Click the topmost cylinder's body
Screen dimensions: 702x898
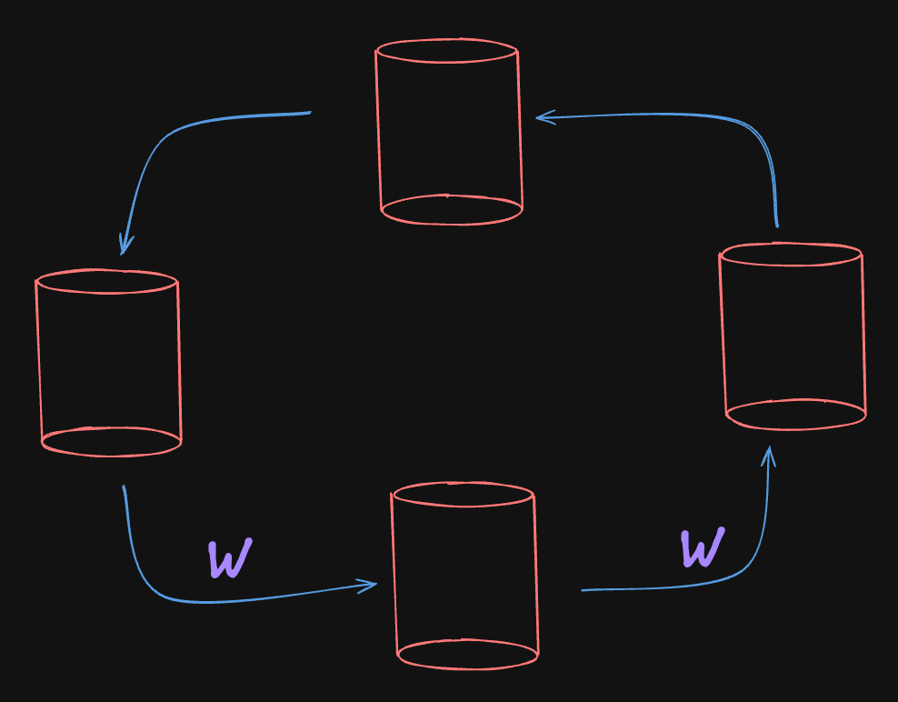(449, 127)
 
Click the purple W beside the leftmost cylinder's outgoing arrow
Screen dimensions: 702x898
(229, 558)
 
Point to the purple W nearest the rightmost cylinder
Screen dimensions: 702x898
(703, 547)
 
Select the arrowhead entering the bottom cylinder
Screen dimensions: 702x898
(371, 585)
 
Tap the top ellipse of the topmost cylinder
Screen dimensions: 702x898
(447, 51)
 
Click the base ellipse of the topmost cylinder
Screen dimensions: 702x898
(452, 210)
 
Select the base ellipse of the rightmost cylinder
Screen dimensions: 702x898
(795, 415)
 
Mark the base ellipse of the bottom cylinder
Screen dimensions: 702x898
(467, 654)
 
